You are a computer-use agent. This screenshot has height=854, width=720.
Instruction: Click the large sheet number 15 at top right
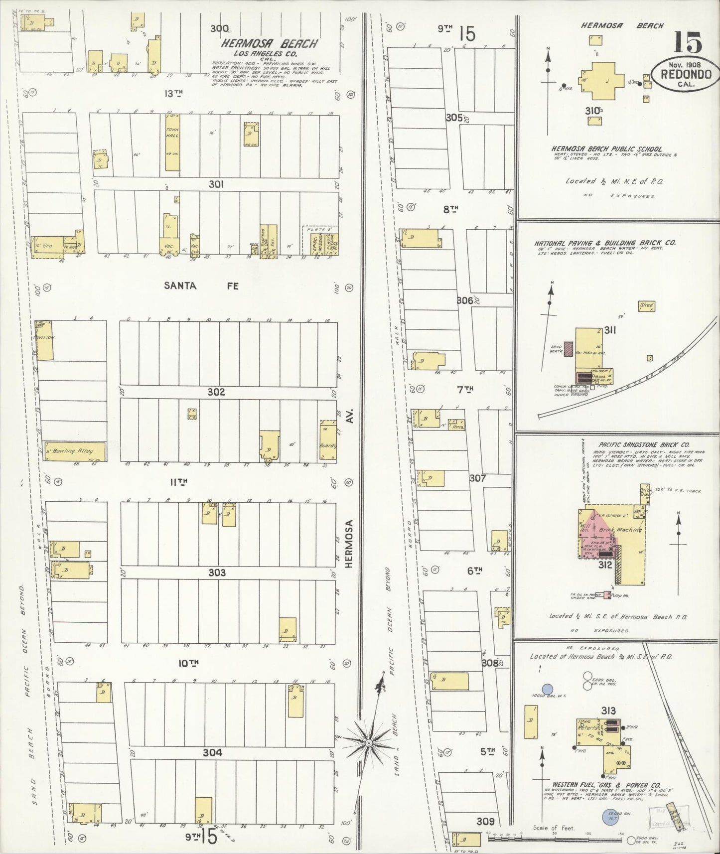click(688, 42)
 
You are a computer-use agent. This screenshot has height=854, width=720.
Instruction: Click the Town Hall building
click(172, 142)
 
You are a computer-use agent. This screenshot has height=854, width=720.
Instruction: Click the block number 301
click(216, 184)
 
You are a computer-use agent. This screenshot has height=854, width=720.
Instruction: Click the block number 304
click(213, 752)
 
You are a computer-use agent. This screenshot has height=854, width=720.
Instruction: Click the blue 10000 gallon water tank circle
click(548, 689)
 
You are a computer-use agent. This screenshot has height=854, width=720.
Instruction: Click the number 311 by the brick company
click(608, 330)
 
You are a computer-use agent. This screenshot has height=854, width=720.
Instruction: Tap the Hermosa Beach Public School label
click(606, 149)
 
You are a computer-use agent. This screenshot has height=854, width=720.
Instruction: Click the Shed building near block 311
click(646, 306)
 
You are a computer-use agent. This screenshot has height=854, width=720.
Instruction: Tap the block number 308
click(490, 663)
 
